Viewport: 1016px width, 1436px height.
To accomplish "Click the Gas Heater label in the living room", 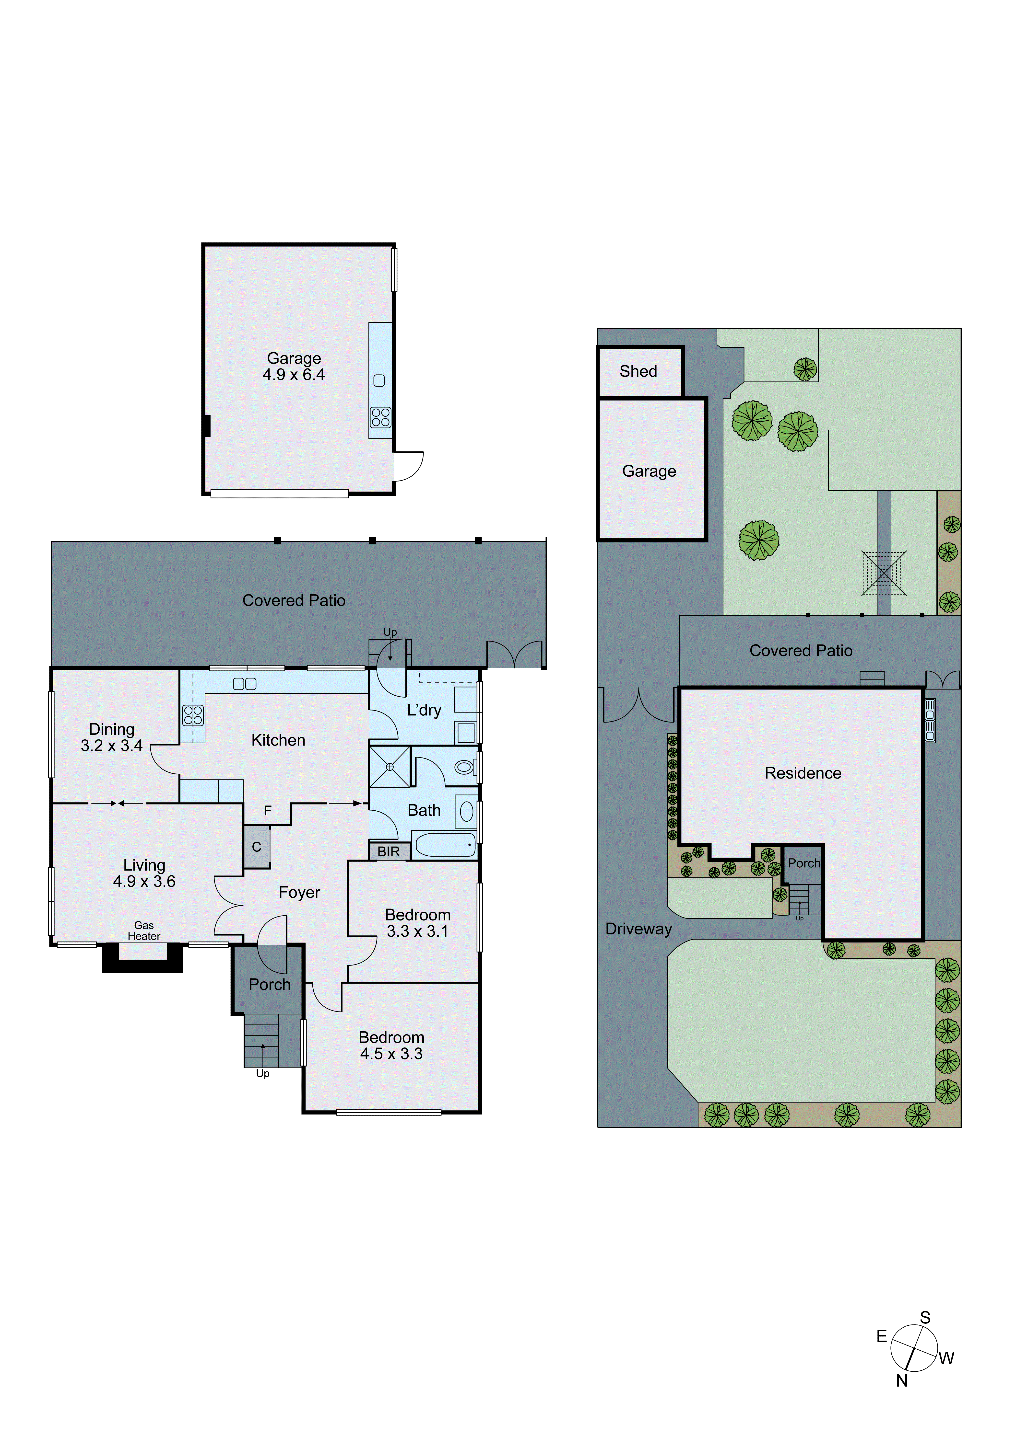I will tap(144, 931).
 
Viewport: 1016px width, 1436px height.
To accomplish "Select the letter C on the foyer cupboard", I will tap(257, 847).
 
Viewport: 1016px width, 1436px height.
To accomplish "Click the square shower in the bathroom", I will tap(389, 767).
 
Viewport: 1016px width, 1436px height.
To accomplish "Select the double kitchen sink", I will tap(245, 684).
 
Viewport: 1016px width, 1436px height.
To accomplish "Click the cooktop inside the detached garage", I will tap(380, 417).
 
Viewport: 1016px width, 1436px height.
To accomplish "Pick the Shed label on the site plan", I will tap(638, 371).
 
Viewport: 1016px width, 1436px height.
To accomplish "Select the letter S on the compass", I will tap(925, 1317).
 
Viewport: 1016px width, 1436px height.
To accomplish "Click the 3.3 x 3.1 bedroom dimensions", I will tap(417, 931).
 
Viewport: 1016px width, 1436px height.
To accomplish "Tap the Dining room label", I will tap(111, 729).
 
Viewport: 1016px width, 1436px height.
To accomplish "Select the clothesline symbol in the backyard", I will tap(883, 573).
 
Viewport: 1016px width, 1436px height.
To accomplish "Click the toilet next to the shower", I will tap(464, 767).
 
